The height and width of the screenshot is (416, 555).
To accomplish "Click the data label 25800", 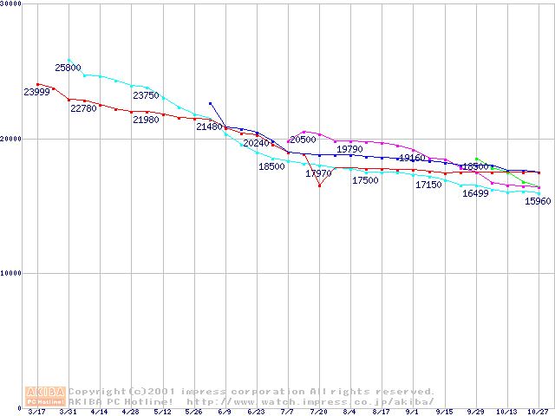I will tap(68, 68).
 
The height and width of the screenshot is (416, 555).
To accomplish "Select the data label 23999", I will tap(36, 93).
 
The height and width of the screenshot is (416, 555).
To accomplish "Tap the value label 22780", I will tap(83, 109).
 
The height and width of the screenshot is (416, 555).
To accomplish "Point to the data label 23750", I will tap(146, 96).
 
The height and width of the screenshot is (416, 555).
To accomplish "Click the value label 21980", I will tap(146, 120).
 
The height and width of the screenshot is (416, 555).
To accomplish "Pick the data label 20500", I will tap(303, 140).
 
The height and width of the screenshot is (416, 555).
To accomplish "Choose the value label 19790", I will tap(349, 150).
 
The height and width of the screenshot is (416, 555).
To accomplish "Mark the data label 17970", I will tap(318, 174).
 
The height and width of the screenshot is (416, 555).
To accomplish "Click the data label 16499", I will tap(475, 193).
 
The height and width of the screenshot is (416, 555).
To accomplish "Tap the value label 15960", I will tap(539, 202).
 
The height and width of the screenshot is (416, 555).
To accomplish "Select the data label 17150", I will tap(428, 185).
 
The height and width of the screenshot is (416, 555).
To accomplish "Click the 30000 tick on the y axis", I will tap(11, 4).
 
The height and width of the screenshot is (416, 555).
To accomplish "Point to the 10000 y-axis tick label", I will tap(11, 273).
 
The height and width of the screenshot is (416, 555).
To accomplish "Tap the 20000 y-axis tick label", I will tap(11, 139).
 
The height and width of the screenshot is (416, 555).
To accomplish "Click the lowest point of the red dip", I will tap(319, 185).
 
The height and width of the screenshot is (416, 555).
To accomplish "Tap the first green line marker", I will tap(477, 159).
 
